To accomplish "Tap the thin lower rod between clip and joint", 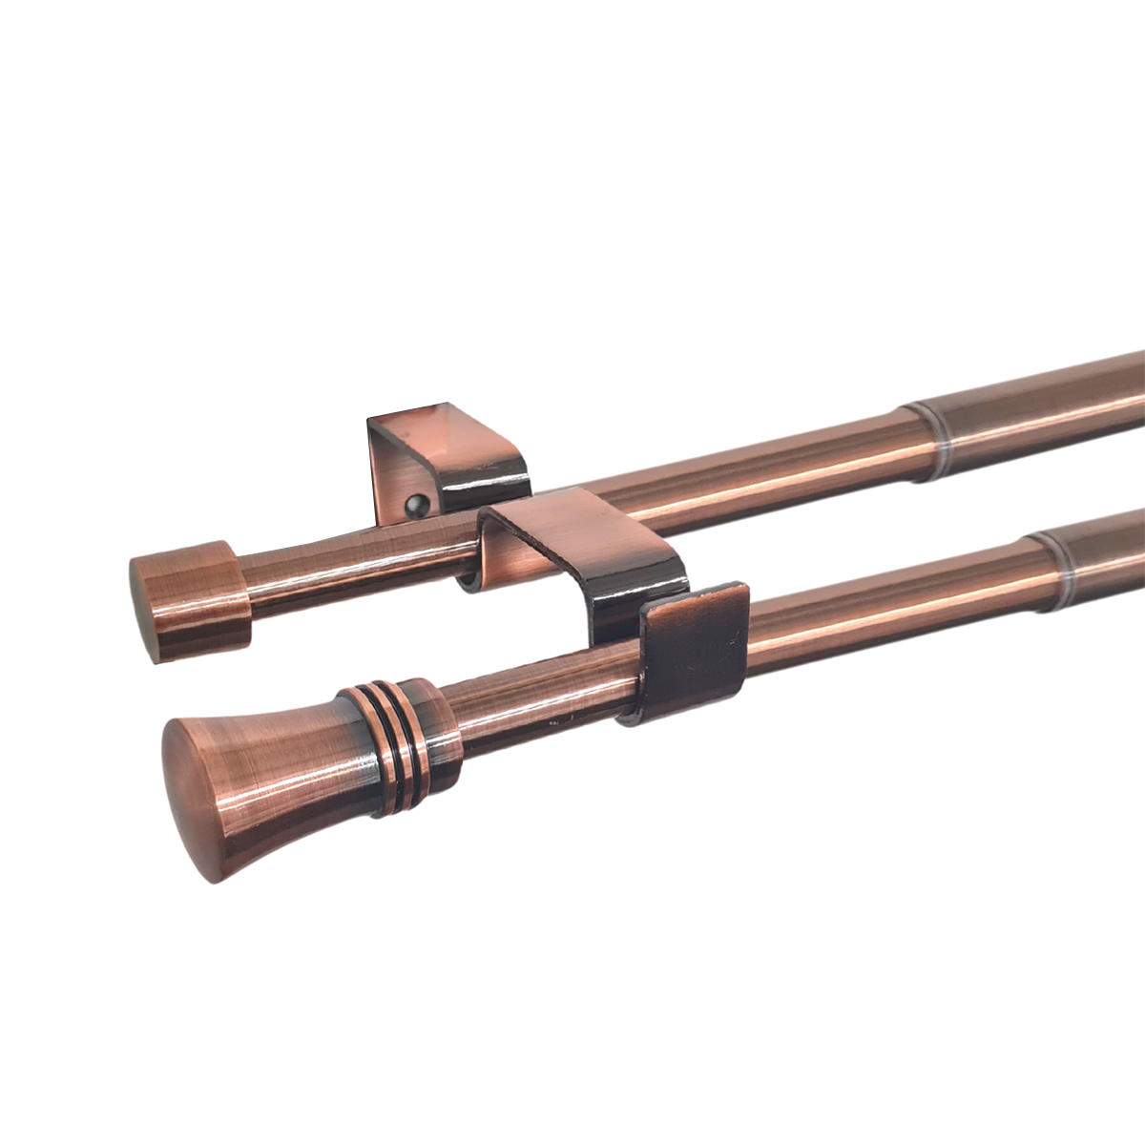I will [x=887, y=611].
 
